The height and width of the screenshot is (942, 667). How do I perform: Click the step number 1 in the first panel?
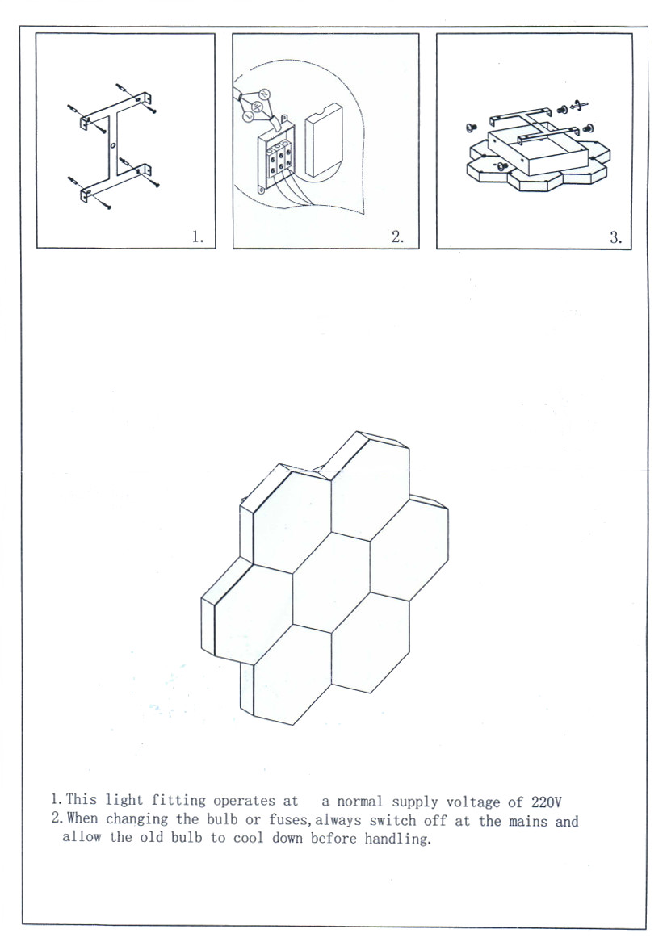point(198,237)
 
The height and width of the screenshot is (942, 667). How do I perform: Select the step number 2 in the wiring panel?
point(397,237)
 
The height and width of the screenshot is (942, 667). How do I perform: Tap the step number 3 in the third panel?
point(616,237)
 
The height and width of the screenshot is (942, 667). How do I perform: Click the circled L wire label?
point(247,117)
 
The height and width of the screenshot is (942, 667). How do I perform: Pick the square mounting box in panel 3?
point(537,150)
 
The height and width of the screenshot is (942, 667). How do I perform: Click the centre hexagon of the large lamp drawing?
point(332,581)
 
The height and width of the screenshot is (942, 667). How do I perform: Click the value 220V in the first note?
point(546,802)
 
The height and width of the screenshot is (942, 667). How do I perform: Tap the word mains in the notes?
point(528,821)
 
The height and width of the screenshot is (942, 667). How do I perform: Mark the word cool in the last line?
point(248,837)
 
